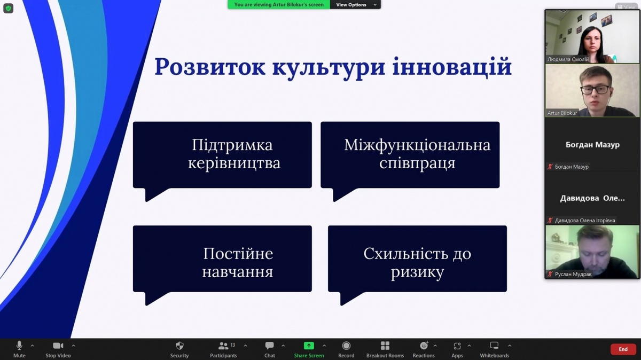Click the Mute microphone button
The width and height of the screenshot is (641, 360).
tap(19, 349)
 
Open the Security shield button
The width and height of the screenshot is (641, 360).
tap(179, 349)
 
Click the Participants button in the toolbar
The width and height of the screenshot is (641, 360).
tap(223, 349)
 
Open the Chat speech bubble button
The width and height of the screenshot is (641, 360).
tap(270, 349)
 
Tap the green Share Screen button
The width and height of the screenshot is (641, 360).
tap(309, 349)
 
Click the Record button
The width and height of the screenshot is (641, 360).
tap(346, 349)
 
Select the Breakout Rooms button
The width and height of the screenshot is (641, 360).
tap(385, 349)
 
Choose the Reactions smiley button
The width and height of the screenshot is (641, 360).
tap(424, 349)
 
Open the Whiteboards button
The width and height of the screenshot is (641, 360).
tap(495, 349)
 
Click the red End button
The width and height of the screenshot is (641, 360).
tap(623, 349)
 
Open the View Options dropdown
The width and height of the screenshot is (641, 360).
tap(355, 5)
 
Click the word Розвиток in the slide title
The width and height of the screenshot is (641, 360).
tap(210, 67)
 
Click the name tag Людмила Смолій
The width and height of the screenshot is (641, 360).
tap(568, 59)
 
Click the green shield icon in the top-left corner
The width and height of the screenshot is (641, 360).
tap(9, 9)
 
